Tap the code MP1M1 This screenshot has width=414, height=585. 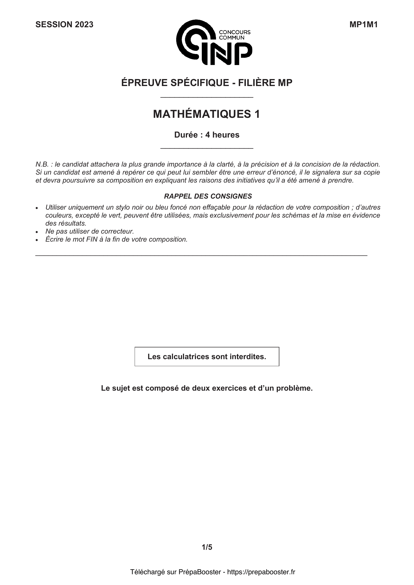363,25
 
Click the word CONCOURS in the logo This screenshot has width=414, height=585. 235,32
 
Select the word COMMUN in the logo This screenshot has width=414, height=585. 232,38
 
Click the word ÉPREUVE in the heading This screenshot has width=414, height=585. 143,83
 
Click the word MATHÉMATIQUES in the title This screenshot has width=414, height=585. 202,114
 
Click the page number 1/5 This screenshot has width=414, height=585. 207,547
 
